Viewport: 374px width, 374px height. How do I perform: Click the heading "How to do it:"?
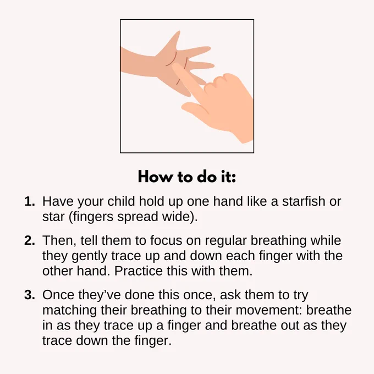[x=187, y=177]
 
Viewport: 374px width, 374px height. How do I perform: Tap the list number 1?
[x=30, y=201]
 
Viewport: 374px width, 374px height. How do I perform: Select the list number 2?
[x=30, y=240]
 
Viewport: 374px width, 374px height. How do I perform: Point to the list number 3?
[x=30, y=295]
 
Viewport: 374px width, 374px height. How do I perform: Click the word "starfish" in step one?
[x=304, y=201]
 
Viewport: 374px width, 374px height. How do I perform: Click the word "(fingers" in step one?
[x=91, y=217]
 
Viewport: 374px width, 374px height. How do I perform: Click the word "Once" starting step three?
[x=58, y=295]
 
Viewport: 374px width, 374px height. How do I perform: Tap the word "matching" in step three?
[x=69, y=311]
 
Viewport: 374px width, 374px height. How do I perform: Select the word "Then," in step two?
[x=59, y=240]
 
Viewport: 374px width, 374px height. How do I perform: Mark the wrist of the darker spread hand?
[x=134, y=62]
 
